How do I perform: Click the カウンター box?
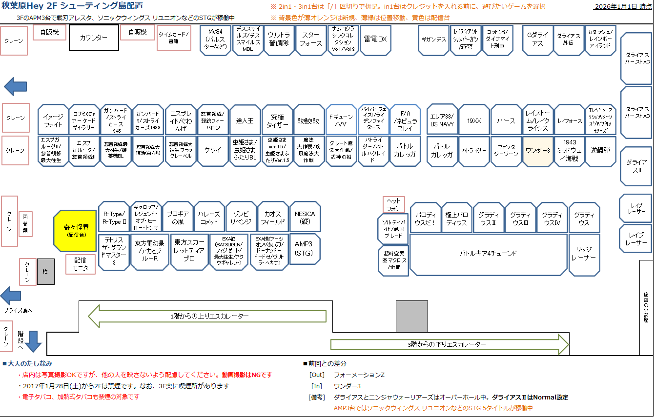pos(94,38)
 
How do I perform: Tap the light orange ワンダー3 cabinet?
pos(537,151)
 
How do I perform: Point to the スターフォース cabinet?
pos(311,40)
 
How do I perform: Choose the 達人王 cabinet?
pos(245,119)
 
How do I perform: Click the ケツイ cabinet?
pos(213,151)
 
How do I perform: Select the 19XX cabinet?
pos(474,119)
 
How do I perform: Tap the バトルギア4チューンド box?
pos(488,254)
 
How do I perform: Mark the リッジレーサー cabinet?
pos(584,254)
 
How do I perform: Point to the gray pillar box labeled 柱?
pos(46,271)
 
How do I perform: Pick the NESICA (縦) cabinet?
pos(305,218)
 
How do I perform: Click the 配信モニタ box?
pos(81,264)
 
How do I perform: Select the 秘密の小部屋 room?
pos(646,307)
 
